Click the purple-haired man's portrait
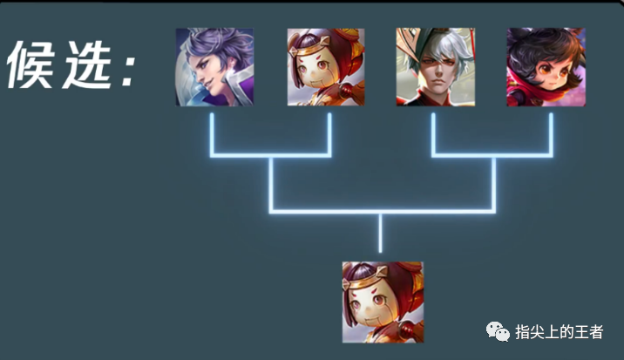coord(214,67)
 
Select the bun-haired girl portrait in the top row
coord(326,67)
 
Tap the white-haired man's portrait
coord(435,67)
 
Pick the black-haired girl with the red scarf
coord(546,67)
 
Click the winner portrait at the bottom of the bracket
coord(382,302)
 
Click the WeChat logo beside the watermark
coord(499,331)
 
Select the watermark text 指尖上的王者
coord(559,331)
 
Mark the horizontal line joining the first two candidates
coord(271,155)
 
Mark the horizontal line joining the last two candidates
coord(493,155)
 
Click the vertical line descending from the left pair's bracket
coord(271,184)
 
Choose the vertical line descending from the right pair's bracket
coord(493,184)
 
